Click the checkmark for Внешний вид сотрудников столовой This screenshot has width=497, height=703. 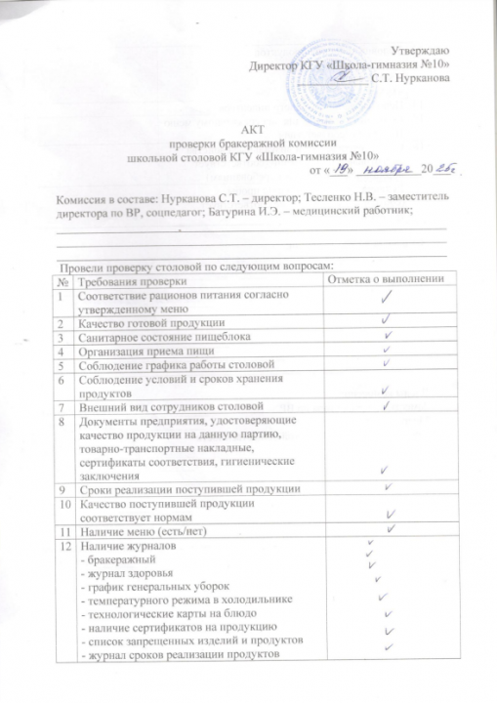386,404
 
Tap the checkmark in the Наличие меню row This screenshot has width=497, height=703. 390,529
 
